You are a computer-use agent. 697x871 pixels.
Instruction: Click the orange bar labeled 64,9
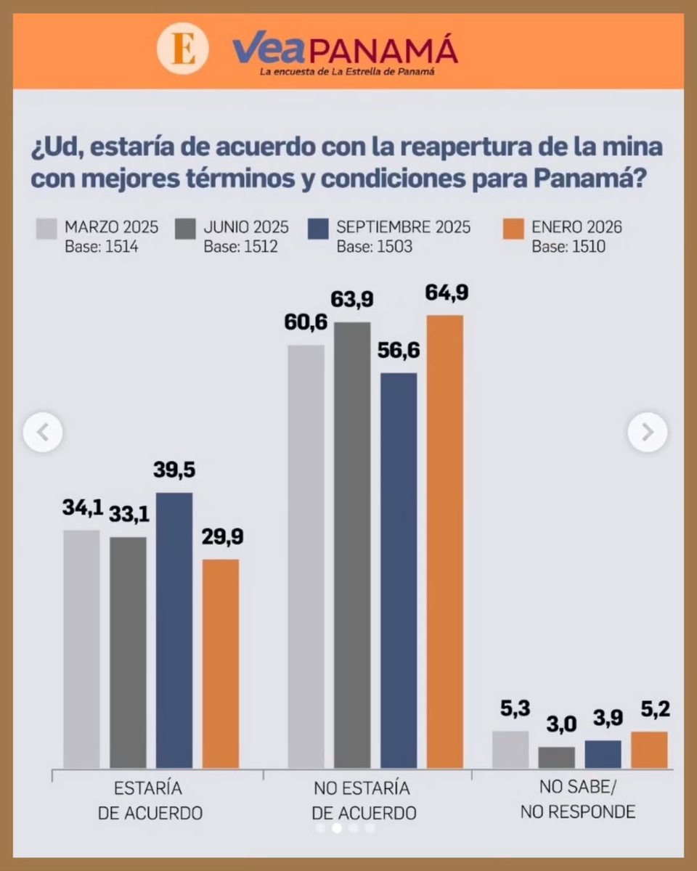[x=444, y=541]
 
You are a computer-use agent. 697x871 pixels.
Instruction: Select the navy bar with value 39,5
[x=174, y=630]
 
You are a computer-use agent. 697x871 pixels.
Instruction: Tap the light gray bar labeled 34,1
[x=81, y=648]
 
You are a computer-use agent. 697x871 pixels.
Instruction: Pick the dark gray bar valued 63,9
[x=352, y=544]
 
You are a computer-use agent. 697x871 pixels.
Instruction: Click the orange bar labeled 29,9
[x=220, y=663]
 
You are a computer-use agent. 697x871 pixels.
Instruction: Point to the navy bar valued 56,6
[x=399, y=570]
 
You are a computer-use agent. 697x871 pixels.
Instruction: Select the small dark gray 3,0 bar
[x=556, y=757]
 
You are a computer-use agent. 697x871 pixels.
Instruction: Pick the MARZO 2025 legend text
[x=111, y=227]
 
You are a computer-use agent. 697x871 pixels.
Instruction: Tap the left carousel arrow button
[x=43, y=433]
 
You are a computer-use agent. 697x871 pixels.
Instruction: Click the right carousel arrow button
[x=647, y=433]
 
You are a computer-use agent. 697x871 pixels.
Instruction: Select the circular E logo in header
[x=182, y=52]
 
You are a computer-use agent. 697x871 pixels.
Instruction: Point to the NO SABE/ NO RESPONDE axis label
[x=577, y=800]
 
